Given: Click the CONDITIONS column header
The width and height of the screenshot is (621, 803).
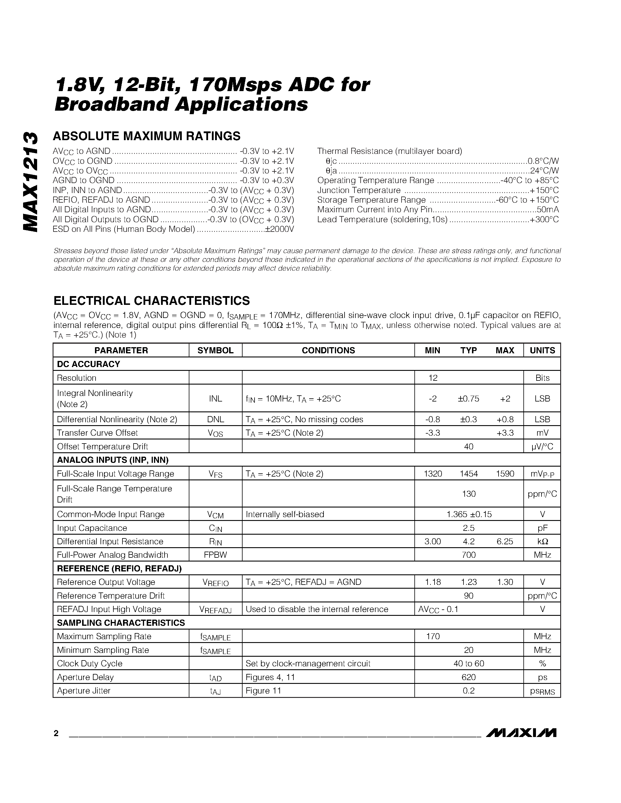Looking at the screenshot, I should pos(328,350).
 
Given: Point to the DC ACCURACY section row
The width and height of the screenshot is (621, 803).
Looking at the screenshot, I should pos(89,364).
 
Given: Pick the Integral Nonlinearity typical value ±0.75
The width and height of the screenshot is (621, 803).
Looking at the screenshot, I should pos(468,399).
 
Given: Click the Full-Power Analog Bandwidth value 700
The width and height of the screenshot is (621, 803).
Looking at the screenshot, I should pos(468,555).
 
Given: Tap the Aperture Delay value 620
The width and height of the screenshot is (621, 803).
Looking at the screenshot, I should pos(468,677).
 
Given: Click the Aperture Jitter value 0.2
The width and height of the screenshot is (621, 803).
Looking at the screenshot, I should pos(468,691).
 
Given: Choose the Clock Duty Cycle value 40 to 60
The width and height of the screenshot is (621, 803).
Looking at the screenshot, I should pos(469,664).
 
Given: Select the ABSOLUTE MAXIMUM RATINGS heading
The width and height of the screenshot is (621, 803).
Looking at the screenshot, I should pos(146,136).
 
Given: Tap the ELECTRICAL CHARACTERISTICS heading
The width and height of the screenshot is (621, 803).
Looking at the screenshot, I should pos(152,301).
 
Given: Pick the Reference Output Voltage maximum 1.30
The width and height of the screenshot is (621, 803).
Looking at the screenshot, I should pos(505,582).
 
